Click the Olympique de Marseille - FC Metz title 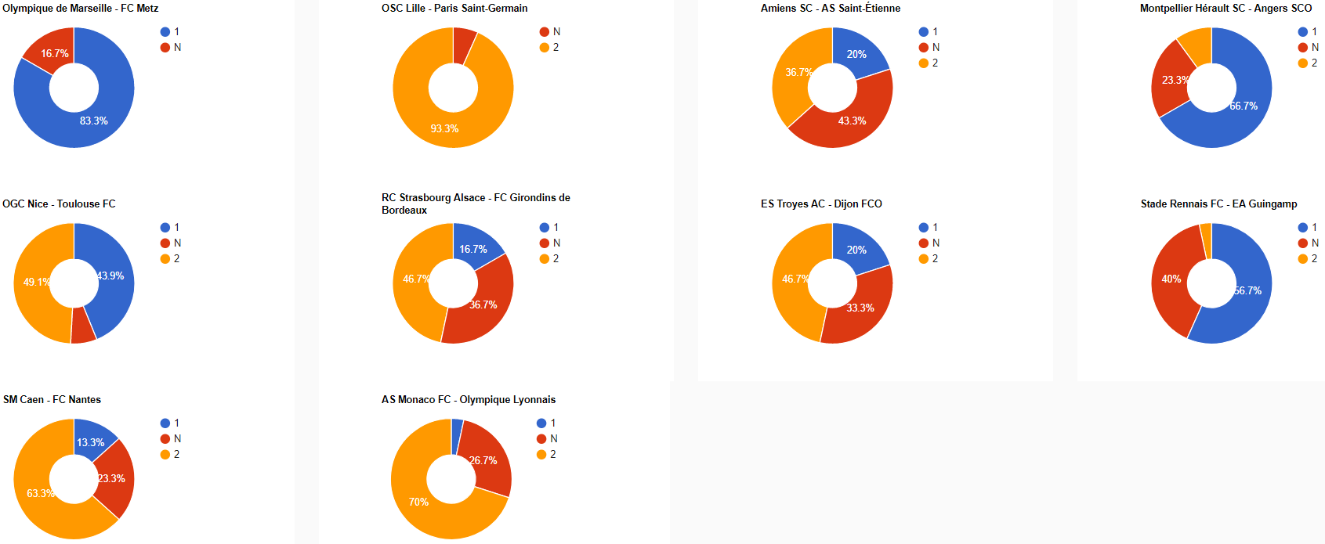pos(80,9)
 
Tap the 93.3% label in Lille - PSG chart pos(444,129)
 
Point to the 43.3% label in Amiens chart pos(852,121)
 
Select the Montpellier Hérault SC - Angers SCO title pos(1225,9)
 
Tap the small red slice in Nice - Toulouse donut pos(82,326)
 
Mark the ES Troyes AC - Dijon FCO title pos(821,204)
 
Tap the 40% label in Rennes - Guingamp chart pos(1171,279)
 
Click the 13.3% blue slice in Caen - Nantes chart pos(91,440)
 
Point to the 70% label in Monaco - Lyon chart pos(418,503)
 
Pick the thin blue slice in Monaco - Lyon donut pos(457,436)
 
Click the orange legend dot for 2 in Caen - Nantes pos(165,455)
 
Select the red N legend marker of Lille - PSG pos(545,32)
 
